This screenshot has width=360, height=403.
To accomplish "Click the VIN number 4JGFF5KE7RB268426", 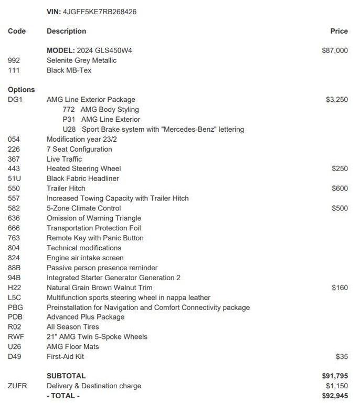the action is [99, 12].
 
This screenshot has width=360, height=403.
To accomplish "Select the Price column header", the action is [338, 31].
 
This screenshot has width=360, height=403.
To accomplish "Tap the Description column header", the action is [66, 31].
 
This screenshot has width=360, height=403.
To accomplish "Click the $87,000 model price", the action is [334, 50].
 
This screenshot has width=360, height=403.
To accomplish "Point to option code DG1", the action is [15, 100].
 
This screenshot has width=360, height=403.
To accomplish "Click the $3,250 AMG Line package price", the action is [336, 100].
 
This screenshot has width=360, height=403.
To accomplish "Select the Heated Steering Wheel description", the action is [83, 169].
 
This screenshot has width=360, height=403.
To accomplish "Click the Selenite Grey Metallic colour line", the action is [81, 60].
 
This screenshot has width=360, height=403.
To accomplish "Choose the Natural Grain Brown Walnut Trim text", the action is [99, 288].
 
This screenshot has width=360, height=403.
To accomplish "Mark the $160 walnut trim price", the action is [340, 288].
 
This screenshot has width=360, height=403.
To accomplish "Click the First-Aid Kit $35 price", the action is [342, 357].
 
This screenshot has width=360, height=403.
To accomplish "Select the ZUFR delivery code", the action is [17, 386].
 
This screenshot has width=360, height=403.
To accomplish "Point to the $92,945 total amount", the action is [334, 396].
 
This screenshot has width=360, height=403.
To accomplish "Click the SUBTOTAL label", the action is [66, 376].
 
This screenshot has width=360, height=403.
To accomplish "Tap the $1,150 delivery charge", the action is [336, 386].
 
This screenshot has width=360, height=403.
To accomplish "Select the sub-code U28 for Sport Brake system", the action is [69, 129].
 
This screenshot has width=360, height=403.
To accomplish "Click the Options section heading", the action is [21, 90].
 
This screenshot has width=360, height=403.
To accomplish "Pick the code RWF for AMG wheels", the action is [16, 337].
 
